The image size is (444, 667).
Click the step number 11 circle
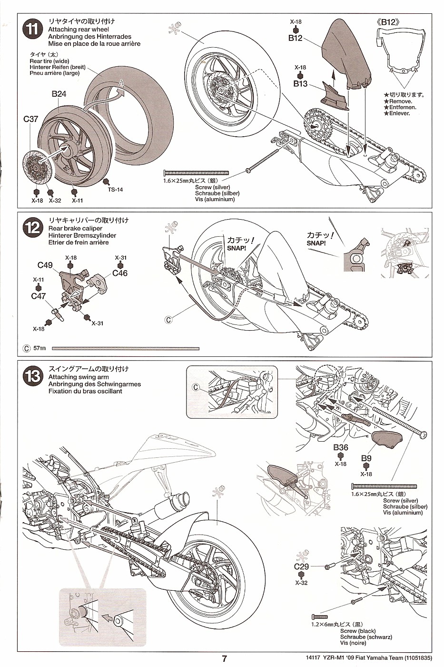tap(32, 30)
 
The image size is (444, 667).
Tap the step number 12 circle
tap(32, 228)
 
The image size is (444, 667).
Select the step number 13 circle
tap(32, 376)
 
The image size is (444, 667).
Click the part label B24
tap(59, 94)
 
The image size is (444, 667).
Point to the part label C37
tap(30, 119)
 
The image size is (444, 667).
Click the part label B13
tap(300, 84)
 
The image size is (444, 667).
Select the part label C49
tap(45, 265)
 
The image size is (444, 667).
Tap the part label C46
tap(120, 273)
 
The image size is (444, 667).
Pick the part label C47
tap(38, 296)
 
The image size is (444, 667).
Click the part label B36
tap(341, 447)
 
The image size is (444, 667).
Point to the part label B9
tap(366, 458)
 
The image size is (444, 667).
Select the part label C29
tap(301, 566)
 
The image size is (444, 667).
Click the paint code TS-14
tap(115, 190)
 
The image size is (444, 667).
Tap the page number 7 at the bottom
tap(224, 659)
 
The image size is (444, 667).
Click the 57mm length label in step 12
tap(39, 349)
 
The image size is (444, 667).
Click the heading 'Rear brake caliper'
tap(75, 228)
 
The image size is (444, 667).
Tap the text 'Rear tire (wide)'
tap(49, 61)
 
